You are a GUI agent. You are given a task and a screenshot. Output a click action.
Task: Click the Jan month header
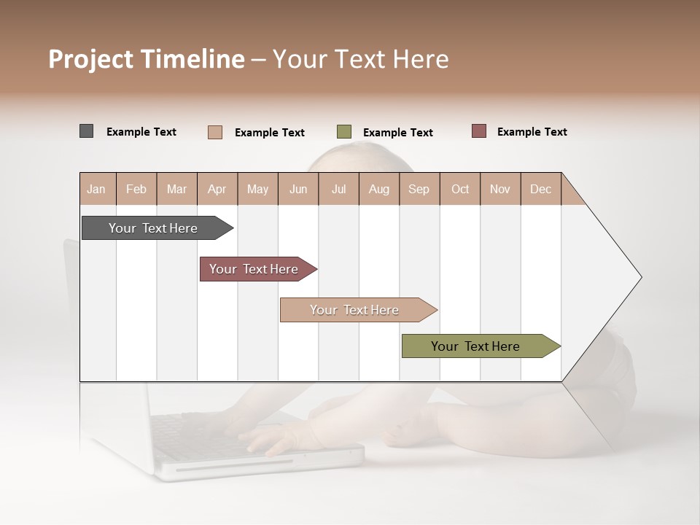click(97, 189)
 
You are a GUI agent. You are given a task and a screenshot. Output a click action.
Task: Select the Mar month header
click(176, 189)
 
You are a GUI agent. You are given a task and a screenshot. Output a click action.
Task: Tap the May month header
click(257, 189)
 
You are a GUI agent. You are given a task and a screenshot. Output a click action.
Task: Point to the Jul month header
click(338, 189)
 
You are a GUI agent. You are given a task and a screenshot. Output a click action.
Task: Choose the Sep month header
click(419, 189)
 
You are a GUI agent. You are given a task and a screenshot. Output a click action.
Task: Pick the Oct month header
click(460, 189)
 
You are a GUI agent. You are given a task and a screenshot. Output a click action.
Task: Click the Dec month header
click(540, 189)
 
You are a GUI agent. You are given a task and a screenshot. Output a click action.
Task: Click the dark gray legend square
click(86, 131)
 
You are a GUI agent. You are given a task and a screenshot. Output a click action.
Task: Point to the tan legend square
click(215, 132)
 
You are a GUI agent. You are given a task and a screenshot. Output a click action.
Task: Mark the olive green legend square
click(344, 132)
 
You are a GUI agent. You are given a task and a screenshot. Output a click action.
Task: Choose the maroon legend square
click(478, 131)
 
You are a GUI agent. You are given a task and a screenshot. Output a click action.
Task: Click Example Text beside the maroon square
click(532, 131)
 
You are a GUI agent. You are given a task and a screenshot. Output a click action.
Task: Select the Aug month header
click(378, 189)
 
